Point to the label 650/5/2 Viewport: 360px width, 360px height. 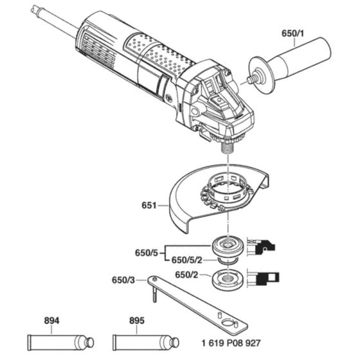click(x=186, y=260)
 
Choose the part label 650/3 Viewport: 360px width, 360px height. click(x=124, y=280)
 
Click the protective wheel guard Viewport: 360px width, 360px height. click(x=186, y=199)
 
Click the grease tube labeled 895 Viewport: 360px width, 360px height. click(x=139, y=340)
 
